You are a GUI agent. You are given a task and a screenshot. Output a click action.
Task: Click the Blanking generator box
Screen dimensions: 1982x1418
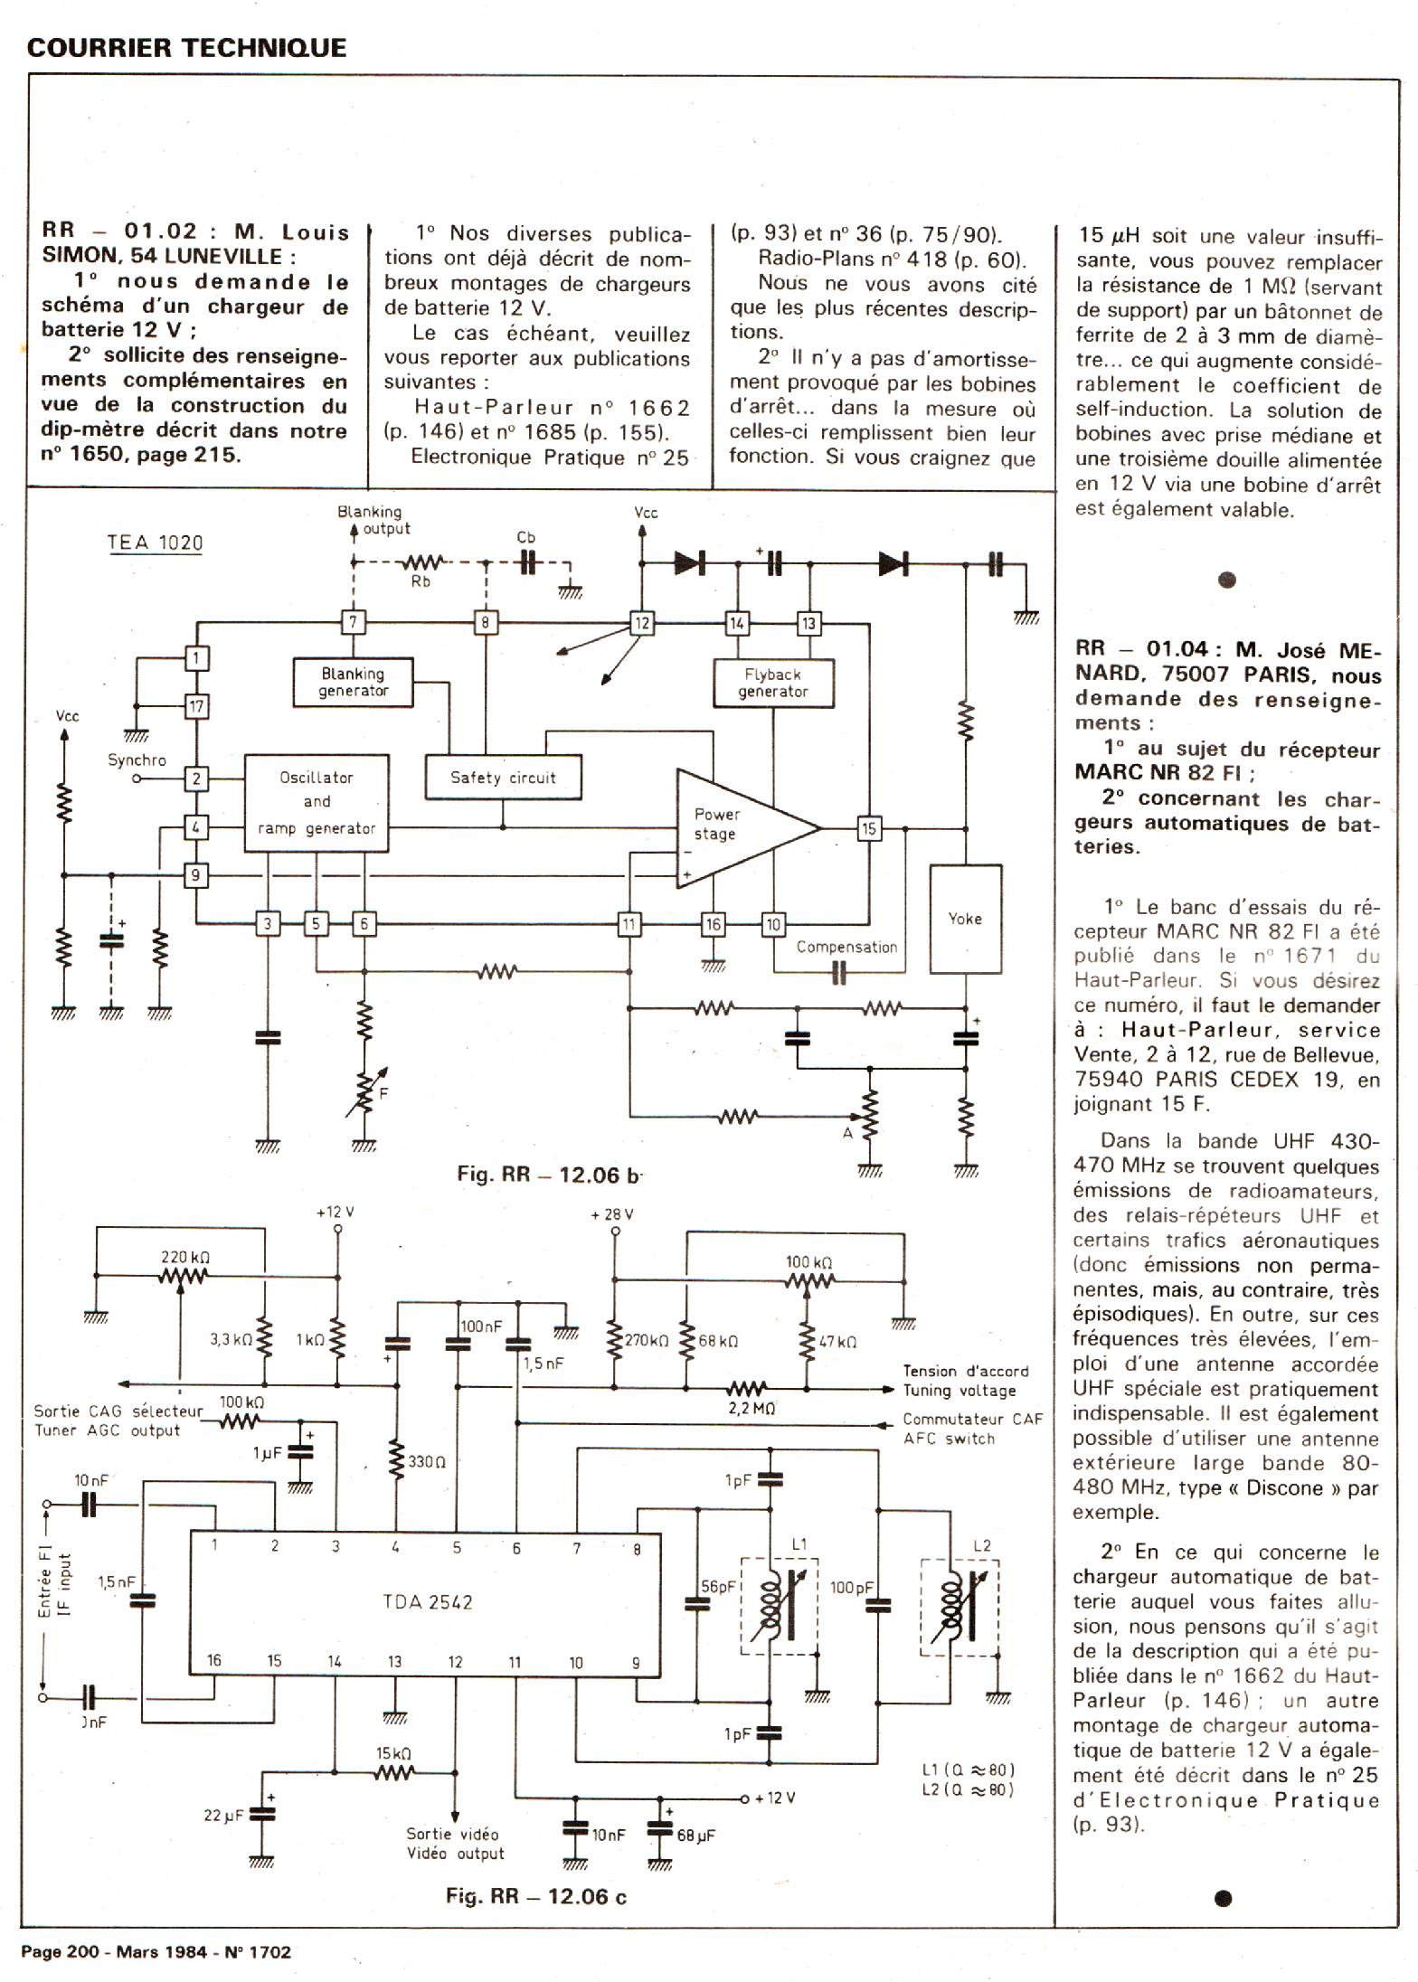pos(353,682)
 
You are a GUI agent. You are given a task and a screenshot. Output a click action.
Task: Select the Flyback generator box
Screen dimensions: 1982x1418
pos(772,683)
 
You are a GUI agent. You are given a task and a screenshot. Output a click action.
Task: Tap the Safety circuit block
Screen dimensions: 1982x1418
pos(503,778)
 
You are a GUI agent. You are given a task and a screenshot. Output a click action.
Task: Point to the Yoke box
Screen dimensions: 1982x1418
pos(965,919)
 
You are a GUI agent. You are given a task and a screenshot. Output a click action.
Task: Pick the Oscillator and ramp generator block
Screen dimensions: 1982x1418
pos(317,803)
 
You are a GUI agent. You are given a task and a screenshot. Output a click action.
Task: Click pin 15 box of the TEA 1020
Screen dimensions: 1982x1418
pos(868,828)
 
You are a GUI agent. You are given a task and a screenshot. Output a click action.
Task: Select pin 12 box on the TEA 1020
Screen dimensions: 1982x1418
pos(641,623)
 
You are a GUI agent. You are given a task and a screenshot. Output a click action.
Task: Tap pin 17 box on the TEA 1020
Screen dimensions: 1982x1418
pos(196,705)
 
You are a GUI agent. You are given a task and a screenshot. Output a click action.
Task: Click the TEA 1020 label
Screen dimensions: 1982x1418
pos(155,543)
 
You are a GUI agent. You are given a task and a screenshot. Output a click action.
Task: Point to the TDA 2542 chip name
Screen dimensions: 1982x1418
pos(427,1602)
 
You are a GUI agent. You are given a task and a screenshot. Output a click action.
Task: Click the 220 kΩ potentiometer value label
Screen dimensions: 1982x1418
pos(185,1257)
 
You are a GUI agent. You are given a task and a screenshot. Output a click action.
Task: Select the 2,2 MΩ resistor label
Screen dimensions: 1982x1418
pos(751,1408)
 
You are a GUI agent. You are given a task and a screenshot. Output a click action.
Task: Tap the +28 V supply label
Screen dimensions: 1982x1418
pos(612,1214)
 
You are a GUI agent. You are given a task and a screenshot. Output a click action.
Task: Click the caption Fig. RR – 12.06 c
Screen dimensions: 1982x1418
pos(535,1896)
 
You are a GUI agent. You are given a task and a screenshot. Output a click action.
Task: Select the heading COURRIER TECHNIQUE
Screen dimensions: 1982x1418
pos(186,47)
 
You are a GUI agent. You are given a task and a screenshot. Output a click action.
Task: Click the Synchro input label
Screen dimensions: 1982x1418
pos(137,760)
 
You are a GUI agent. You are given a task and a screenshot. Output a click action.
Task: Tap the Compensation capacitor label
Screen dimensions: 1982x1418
pos(846,947)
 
